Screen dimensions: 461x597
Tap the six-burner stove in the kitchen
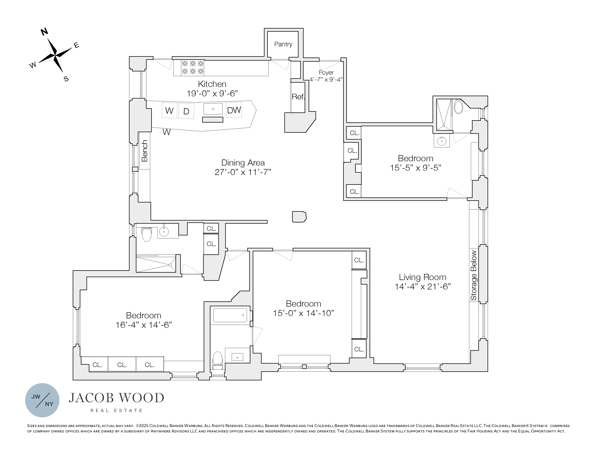193,67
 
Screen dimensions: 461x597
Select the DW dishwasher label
234,110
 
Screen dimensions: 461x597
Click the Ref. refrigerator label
298,97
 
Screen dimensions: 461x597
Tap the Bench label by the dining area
144,151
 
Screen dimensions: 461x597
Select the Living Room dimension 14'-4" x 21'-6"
422,287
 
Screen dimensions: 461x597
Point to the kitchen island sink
213,109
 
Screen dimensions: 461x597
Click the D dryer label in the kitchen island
186,111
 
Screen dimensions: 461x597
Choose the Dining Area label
243,163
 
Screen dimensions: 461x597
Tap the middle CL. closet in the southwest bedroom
122,365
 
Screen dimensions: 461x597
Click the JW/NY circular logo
42,400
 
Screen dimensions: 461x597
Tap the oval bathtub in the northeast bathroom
458,107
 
